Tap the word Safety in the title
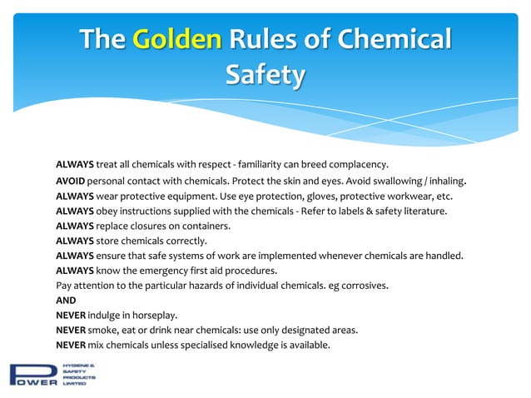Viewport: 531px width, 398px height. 265,74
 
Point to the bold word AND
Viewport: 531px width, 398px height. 66,300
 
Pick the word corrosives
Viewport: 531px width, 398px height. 360,286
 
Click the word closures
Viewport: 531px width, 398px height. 161,226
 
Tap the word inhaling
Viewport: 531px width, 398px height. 444,181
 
